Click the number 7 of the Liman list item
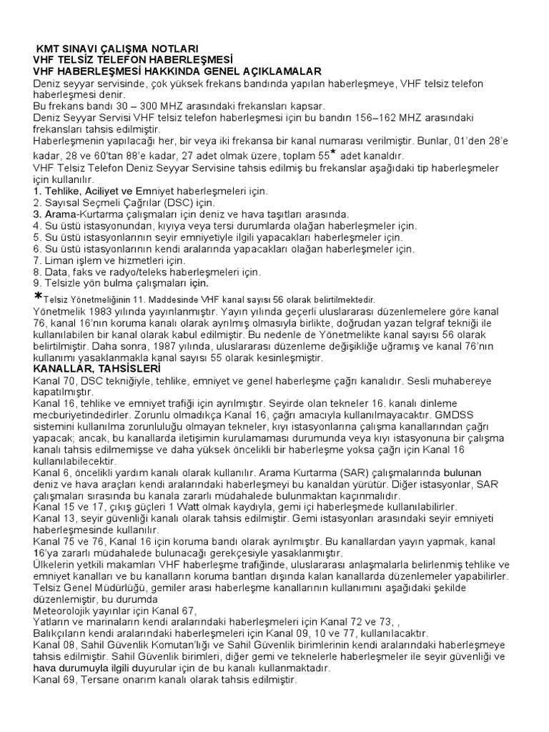[36, 260]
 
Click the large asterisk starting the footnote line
[38, 297]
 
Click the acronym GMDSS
[502, 415]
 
